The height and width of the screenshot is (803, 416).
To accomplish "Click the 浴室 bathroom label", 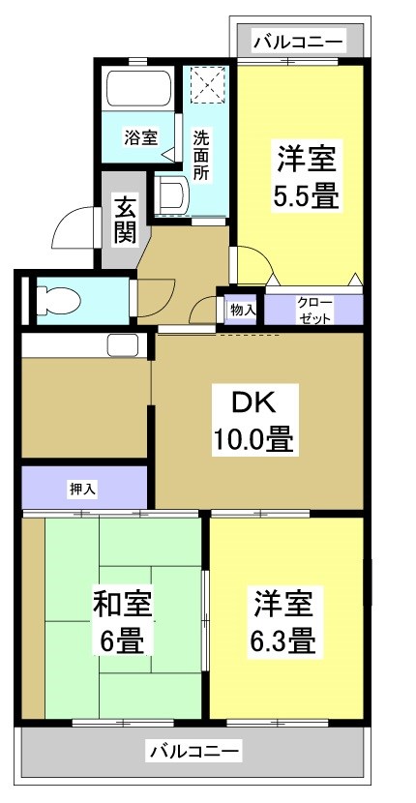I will coord(140,137).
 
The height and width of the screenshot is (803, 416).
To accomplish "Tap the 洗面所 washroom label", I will coord(201,154).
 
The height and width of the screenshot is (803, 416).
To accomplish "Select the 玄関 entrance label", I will coord(124,218).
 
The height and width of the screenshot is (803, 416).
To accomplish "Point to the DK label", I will coord(252,401).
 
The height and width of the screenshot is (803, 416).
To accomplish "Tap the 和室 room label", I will coord(122,606).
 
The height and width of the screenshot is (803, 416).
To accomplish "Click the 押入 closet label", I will coord(82,490).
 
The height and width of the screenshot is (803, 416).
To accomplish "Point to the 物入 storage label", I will coord(242,310).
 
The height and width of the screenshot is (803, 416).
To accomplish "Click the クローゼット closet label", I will coord(313,310).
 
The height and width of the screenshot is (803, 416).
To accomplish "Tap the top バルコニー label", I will coord(297,42).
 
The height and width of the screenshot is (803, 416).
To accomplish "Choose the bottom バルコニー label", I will coord(194,750).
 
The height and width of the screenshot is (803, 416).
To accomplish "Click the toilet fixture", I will coord(58,301).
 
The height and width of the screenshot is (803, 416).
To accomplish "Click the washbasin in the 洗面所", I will coord(172,194).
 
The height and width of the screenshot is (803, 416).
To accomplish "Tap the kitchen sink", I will coord(123,343).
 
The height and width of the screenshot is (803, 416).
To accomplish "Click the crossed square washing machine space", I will coord(207,83).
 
